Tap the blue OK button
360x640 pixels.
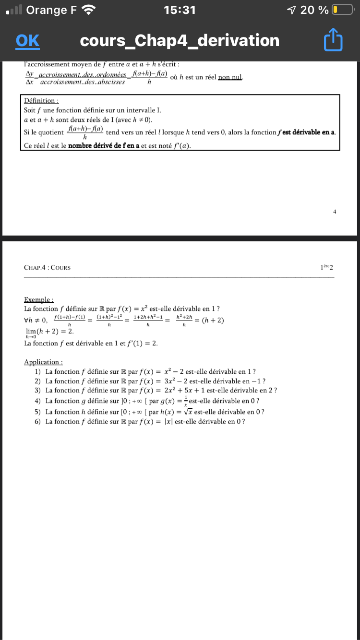pyautogui.click(x=27, y=41)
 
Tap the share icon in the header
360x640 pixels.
pyautogui.click(x=334, y=41)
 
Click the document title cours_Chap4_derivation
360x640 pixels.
pyautogui.click(x=180, y=41)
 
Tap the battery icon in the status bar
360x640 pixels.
pyautogui.click(x=342, y=10)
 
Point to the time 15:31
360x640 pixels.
pyautogui.click(x=180, y=10)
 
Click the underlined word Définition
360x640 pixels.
pyautogui.click(x=41, y=101)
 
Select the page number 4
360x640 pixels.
pyautogui.click(x=334, y=211)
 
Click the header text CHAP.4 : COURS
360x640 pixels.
pyautogui.click(x=47, y=267)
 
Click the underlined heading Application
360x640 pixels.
pyautogui.click(x=43, y=362)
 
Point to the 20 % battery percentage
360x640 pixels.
pyautogui.click(x=315, y=10)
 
